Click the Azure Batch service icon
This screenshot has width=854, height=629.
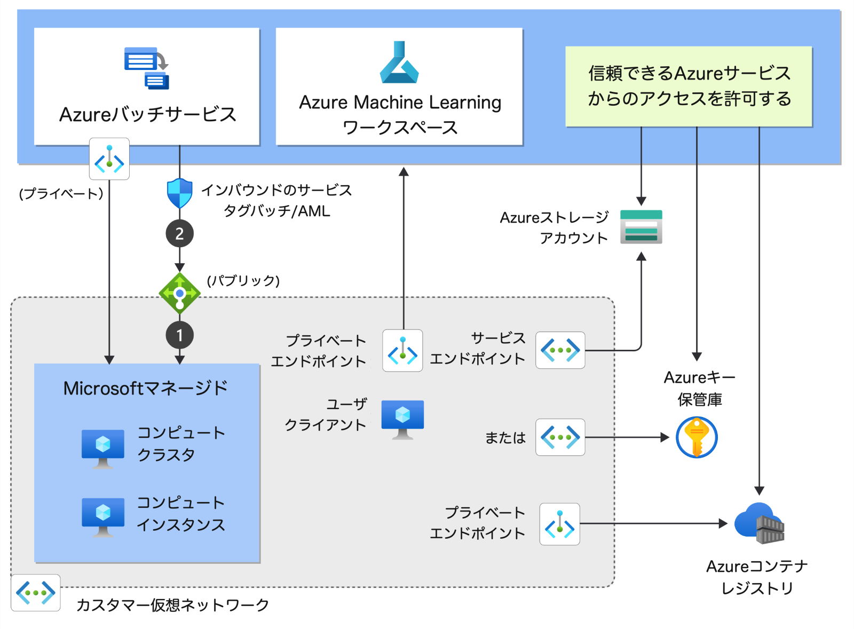coord(146,68)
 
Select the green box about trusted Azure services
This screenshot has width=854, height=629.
coord(689,87)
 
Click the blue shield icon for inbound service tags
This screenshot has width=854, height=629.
coord(179,193)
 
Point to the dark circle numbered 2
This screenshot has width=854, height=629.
coord(179,234)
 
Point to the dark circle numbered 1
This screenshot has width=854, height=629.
coord(179,335)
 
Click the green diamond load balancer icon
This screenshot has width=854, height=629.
coord(180,293)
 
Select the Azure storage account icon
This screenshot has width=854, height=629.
coord(641,227)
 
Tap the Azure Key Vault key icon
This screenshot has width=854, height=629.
coord(697,438)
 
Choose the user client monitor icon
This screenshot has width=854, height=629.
coord(402,419)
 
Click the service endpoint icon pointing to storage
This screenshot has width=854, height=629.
coord(560,350)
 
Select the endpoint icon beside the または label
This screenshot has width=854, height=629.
coord(560,437)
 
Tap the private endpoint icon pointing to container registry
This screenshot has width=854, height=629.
coord(559,524)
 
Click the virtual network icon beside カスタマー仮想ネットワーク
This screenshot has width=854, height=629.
coord(36,593)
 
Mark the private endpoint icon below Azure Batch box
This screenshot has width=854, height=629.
coord(109,159)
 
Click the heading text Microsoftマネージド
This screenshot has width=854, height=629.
coord(146,388)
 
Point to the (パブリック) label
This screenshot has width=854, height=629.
coord(243,280)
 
